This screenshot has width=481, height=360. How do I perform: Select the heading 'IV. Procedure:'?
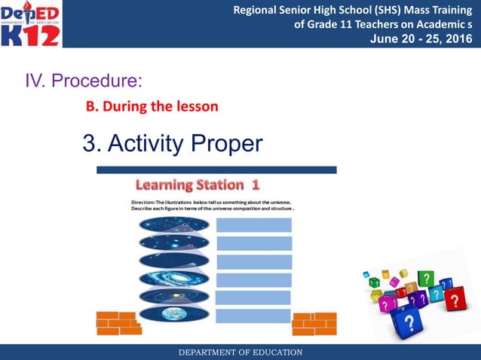point(84,80)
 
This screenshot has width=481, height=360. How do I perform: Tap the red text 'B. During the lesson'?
point(152,106)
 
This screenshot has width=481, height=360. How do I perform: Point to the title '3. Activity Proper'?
point(173,142)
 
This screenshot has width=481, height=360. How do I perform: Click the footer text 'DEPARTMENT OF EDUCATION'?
point(240,352)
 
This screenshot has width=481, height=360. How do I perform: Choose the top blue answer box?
point(253,224)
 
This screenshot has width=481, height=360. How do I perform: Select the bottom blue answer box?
point(253,316)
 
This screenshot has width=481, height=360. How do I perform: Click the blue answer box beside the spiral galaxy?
point(253,279)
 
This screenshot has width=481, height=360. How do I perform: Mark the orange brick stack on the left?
point(118,323)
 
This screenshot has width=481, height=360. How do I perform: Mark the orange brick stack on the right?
point(314,323)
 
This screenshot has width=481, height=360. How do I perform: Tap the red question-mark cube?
point(454,301)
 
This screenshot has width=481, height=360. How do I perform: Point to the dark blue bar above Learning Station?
point(216,170)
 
